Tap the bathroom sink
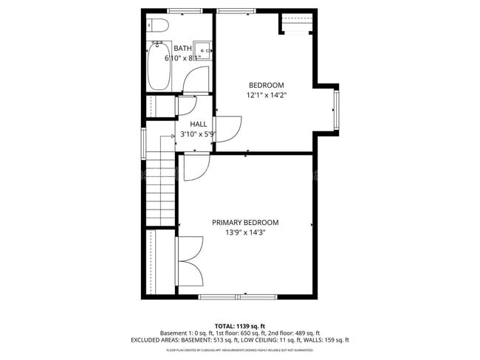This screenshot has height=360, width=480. click(203, 49)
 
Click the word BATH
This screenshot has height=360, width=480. click(182, 49)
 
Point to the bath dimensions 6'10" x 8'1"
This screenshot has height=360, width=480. click(182, 58)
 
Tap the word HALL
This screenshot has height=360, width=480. click(198, 125)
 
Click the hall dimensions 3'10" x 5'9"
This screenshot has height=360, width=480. click(198, 134)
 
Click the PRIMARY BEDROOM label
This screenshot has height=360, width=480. click(245, 223)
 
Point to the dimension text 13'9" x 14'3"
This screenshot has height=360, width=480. click(245, 232)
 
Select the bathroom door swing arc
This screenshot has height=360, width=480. click(195, 80)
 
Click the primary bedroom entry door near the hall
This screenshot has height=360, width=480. click(193, 168)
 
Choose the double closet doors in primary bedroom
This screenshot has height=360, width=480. click(191, 262)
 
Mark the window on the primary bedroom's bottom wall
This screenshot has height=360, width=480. click(238, 297)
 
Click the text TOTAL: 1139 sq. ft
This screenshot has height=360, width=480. click(239, 325)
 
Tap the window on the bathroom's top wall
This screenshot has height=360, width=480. click(185, 10)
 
